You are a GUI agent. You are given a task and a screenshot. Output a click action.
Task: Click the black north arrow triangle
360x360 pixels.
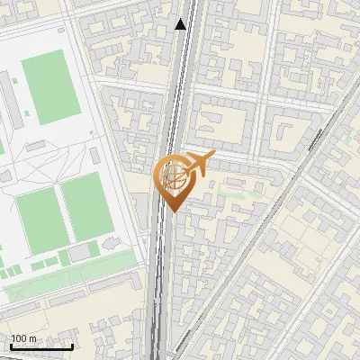pyautogui.click(x=181, y=24)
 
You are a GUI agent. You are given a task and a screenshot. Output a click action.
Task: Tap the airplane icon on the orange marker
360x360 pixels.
pyautogui.click(x=198, y=164)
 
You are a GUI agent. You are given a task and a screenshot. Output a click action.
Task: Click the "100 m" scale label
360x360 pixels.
pyautogui.click(x=23, y=338)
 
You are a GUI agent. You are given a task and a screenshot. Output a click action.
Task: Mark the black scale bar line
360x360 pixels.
pyautogui.click(x=41, y=346)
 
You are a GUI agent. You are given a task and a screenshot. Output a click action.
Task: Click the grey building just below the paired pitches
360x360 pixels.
pyautogui.click(x=82, y=255)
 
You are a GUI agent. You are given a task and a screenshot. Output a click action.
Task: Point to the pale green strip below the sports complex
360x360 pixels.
pyautogui.click(x=63, y=275)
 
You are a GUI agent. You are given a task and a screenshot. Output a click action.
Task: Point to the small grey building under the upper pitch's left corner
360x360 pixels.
pyautogui.click(x=36, y=145)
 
